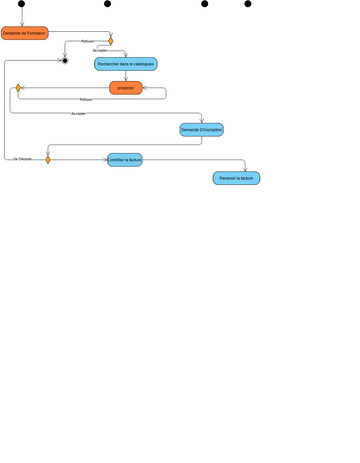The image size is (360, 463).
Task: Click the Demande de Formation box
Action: [x=24, y=33]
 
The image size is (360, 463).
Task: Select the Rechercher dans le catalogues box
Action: [x=126, y=64]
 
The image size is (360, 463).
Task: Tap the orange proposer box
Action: [x=125, y=88]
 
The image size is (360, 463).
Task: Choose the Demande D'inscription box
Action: [x=201, y=130]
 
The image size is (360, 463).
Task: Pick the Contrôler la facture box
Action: [x=125, y=159]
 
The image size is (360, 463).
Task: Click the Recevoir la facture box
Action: [x=236, y=178]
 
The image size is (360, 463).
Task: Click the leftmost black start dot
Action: [x=21, y=4]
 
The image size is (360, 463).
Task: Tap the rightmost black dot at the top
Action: [x=248, y=4]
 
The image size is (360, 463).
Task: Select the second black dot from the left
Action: [x=108, y=4]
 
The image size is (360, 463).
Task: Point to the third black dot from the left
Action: [x=205, y=4]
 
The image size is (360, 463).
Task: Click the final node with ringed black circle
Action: [x=64, y=61]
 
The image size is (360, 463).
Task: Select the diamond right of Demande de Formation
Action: [x=110, y=41]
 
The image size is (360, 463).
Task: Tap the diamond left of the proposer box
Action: [x=18, y=88]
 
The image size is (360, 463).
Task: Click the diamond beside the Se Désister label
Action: [x=47, y=159]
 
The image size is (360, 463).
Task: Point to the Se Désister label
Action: [x=22, y=159]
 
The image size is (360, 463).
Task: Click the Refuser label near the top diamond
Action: [x=87, y=41]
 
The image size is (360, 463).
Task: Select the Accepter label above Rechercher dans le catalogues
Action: [x=99, y=50]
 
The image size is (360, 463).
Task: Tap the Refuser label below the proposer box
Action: [x=86, y=100]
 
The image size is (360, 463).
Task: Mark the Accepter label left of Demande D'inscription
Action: [x=78, y=114]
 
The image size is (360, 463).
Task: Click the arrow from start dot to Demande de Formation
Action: [x=21, y=16]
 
